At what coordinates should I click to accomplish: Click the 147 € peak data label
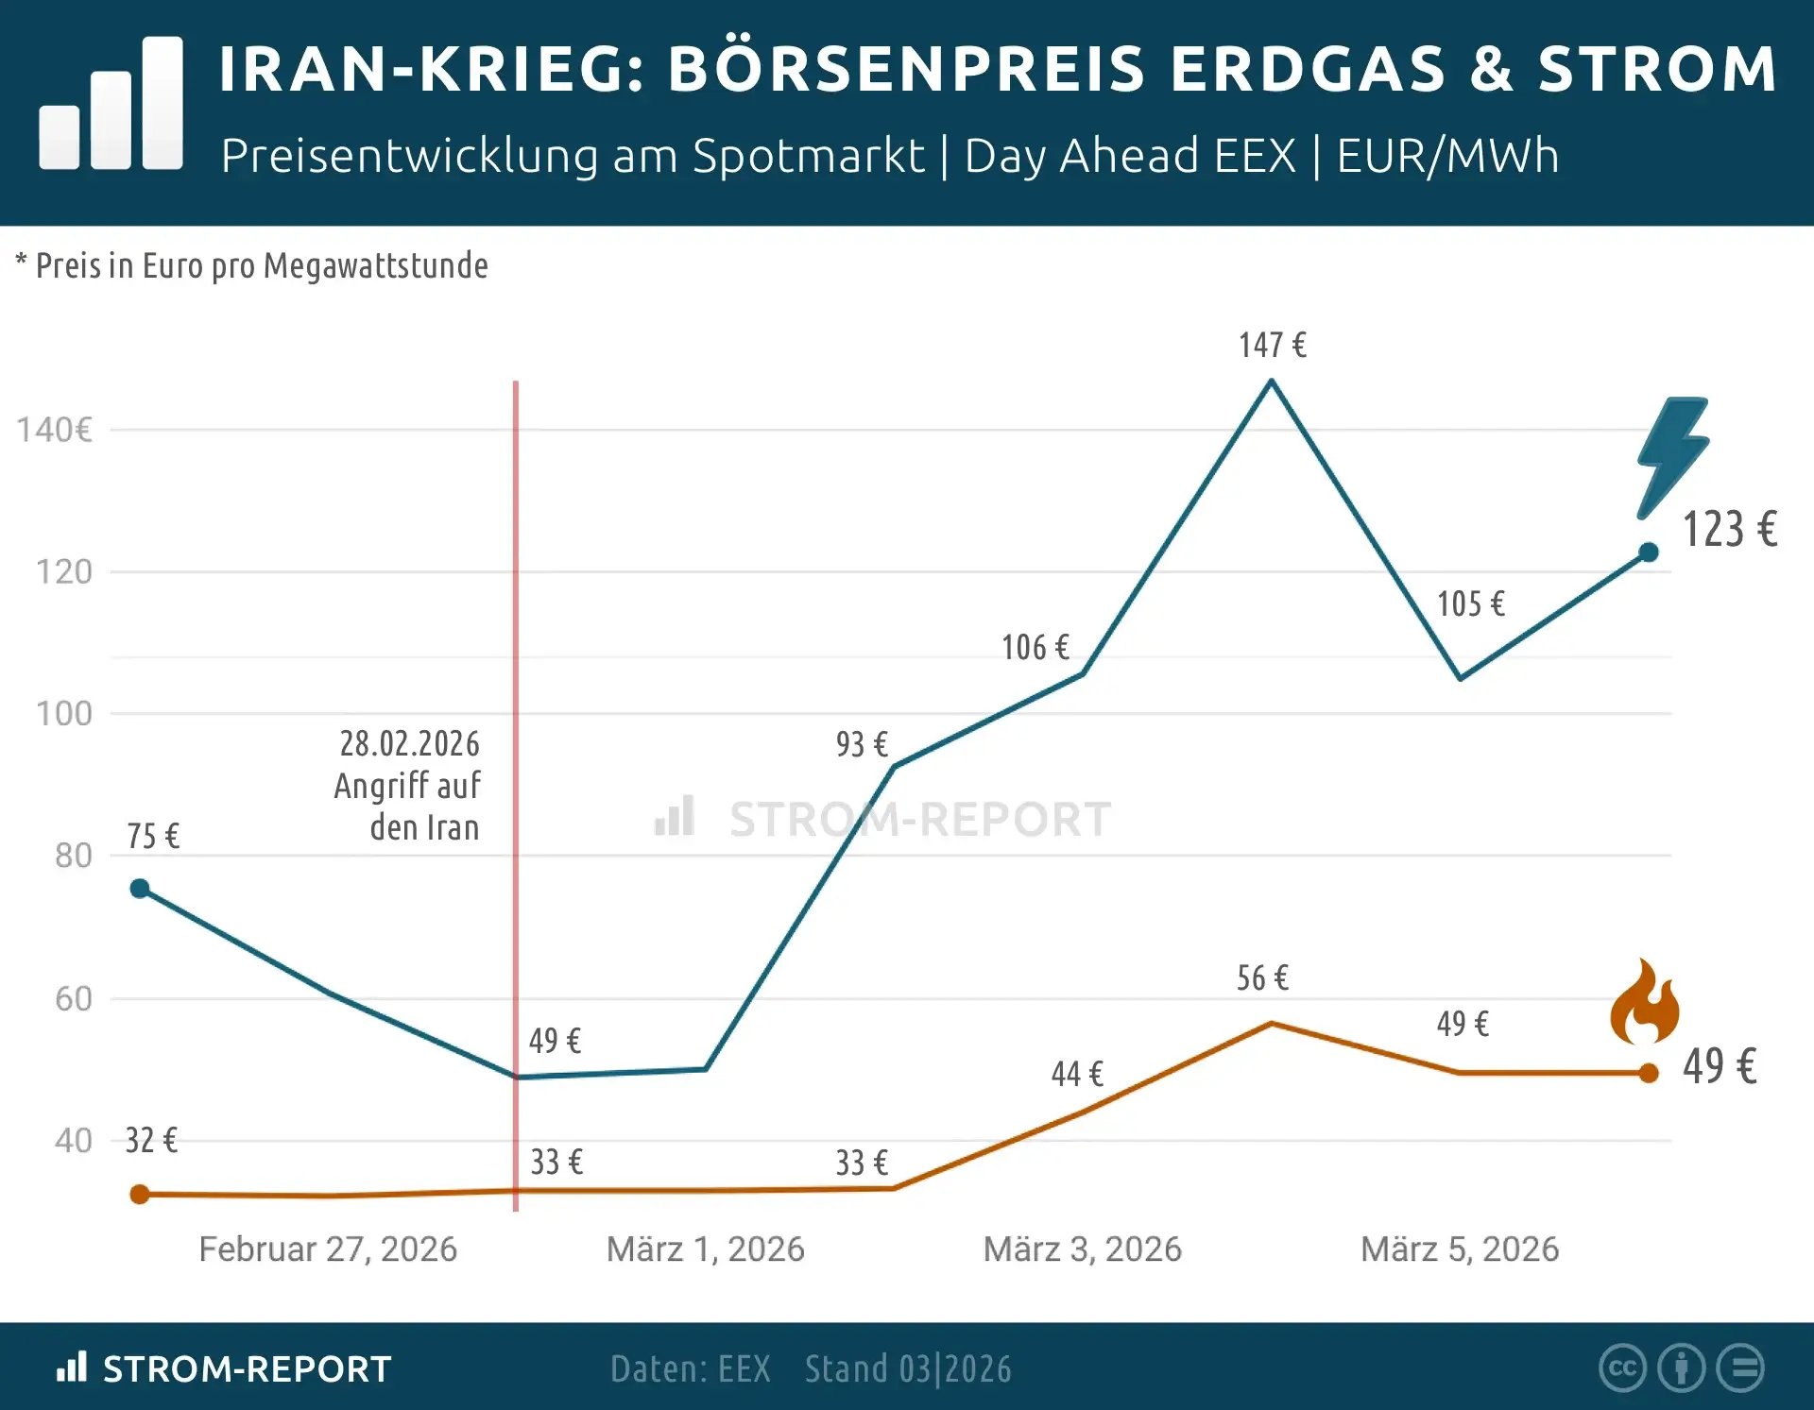click(1272, 346)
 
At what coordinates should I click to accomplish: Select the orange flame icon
click(1645, 1004)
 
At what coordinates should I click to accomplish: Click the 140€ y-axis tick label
click(55, 431)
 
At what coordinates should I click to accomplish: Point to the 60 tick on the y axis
click(74, 999)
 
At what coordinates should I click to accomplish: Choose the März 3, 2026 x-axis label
click(1082, 1249)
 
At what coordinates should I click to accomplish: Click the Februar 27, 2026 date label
click(328, 1249)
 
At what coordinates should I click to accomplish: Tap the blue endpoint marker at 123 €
click(1649, 552)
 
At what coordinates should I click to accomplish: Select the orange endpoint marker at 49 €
click(1649, 1073)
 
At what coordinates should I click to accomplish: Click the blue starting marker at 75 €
click(140, 889)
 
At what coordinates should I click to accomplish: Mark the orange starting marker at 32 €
click(140, 1195)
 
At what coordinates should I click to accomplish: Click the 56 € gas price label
click(1262, 978)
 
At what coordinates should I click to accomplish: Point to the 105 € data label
click(1470, 604)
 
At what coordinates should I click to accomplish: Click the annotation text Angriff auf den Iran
click(407, 786)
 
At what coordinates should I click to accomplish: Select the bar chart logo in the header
click(111, 104)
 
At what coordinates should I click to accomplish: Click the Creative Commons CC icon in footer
click(1622, 1368)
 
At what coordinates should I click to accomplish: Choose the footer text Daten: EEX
click(690, 1369)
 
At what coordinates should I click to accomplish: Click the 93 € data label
click(861, 745)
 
